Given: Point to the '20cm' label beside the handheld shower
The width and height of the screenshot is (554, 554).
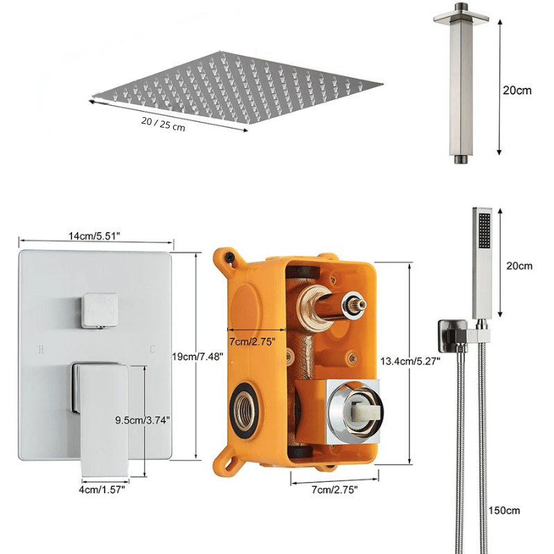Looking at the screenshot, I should click(x=519, y=266).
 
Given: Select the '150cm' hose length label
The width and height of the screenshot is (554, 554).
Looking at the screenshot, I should click(x=504, y=511).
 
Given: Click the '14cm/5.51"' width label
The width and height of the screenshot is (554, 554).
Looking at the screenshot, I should click(x=94, y=236).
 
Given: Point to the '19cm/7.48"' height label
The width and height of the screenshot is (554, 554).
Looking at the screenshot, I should click(x=197, y=356).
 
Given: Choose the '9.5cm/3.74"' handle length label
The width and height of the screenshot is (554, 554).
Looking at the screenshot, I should click(x=142, y=420).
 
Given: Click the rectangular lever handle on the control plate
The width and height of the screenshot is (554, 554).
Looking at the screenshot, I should click(x=102, y=415).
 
